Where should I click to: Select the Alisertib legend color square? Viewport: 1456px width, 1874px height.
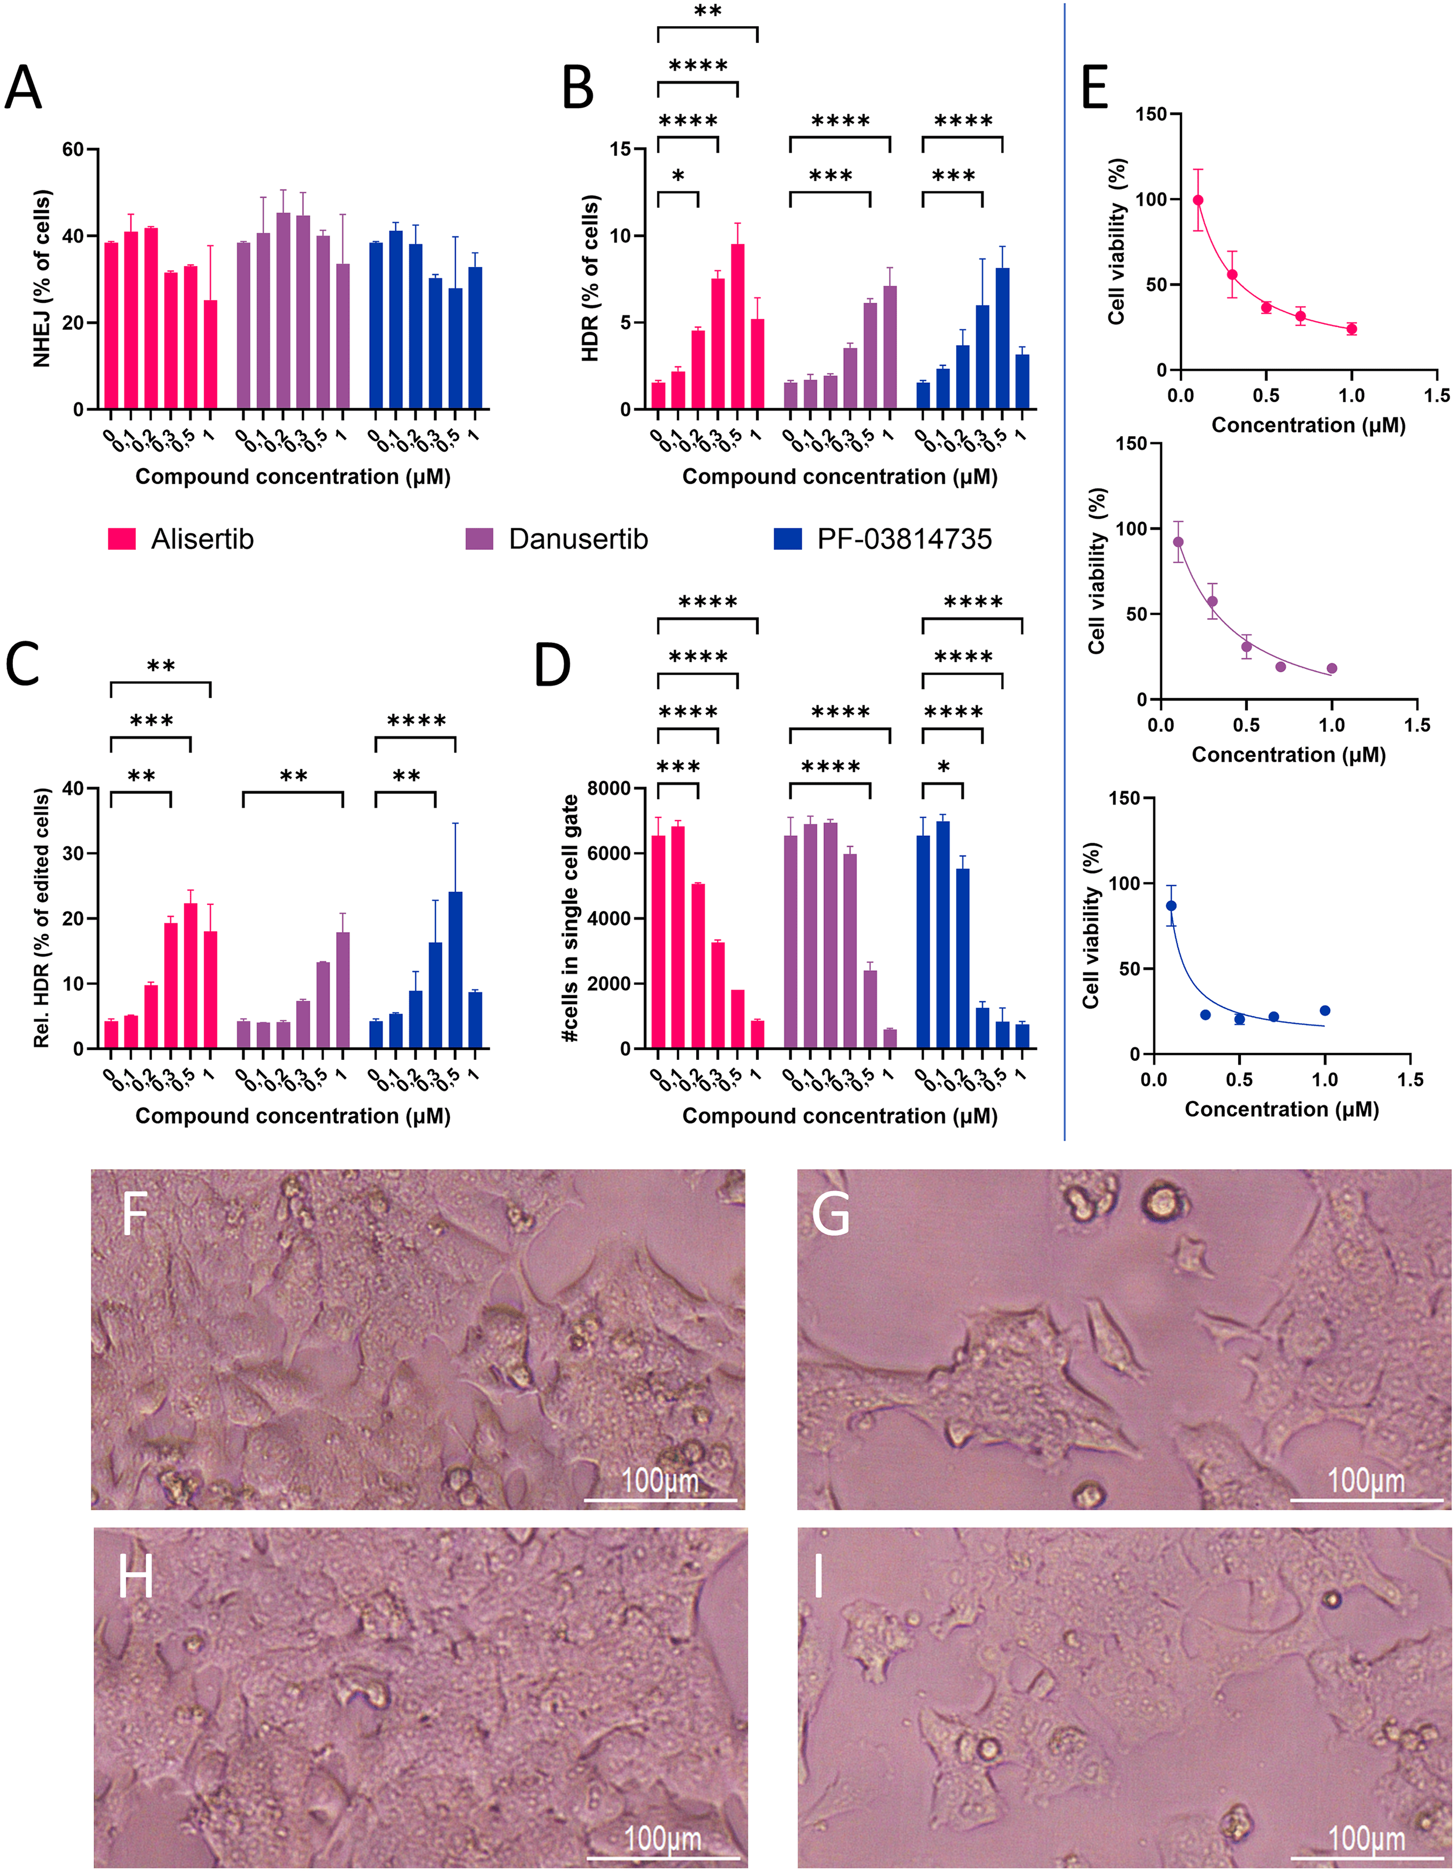[122, 539]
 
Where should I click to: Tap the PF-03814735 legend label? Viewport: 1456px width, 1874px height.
[904, 539]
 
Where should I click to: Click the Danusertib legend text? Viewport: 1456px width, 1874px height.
[578, 539]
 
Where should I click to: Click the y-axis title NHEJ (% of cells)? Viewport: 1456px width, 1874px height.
[42, 279]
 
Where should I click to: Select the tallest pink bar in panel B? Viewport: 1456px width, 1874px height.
[737, 326]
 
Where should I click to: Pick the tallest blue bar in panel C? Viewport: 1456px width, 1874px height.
[455, 970]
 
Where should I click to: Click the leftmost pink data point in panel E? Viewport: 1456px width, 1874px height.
[1198, 200]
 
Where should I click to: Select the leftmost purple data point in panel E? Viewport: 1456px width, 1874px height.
[1178, 541]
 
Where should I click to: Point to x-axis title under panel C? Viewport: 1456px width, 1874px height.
[293, 1116]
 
